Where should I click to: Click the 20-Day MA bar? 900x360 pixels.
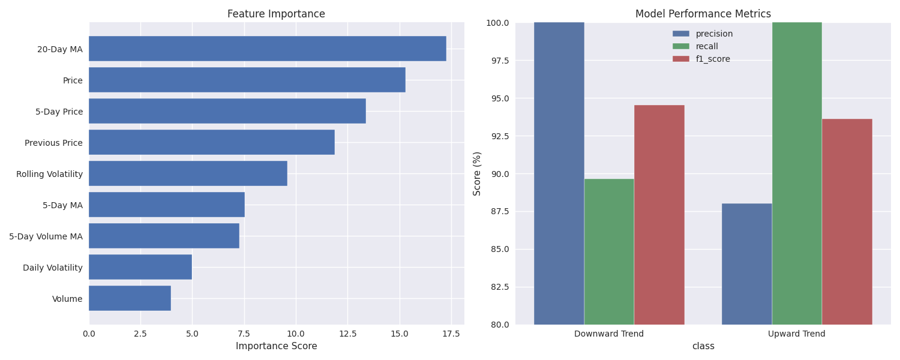pyautogui.click(x=267, y=49)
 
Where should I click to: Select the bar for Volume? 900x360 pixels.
pyautogui.click(x=130, y=298)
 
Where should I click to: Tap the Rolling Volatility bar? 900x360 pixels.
pyautogui.click(x=188, y=173)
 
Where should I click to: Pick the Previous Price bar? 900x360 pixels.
pyautogui.click(x=211, y=142)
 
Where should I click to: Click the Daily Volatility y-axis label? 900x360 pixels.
pyautogui.click(x=53, y=268)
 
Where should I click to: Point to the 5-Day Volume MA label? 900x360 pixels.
pyautogui.click(x=46, y=236)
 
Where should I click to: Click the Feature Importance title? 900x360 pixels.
pyautogui.click(x=276, y=14)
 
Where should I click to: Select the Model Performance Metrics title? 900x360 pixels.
pyautogui.click(x=703, y=14)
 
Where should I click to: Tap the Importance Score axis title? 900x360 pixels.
pyautogui.click(x=276, y=346)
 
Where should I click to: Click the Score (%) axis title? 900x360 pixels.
pyautogui.click(x=477, y=173)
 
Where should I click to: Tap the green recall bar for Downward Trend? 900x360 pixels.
pyautogui.click(x=609, y=251)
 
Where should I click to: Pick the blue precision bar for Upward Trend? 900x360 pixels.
pyautogui.click(x=746, y=264)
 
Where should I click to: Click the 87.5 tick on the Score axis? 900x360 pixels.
pyautogui.click(x=499, y=211)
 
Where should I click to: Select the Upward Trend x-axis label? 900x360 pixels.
pyautogui.click(x=796, y=334)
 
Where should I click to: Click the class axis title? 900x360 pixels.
pyautogui.click(x=703, y=346)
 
